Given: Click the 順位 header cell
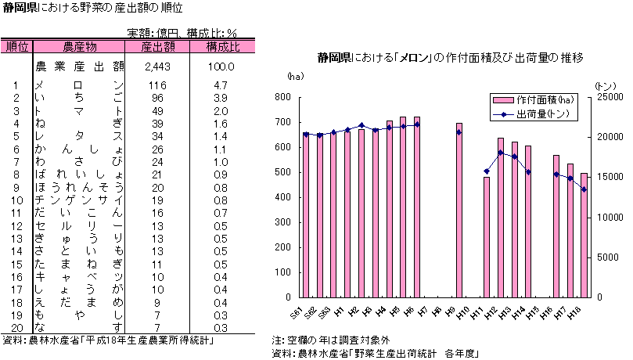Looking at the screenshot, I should [17, 47].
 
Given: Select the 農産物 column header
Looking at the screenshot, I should [80, 47].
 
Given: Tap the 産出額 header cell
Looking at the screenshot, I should [157, 47].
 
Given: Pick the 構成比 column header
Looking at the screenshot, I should [223, 47].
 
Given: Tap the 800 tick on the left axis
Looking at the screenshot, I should [282, 97].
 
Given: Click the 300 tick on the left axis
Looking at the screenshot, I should [282, 222].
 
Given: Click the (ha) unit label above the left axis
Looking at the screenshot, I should [294, 76].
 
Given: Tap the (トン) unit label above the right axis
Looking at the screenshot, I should [605, 85].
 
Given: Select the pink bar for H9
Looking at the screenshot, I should [459, 211].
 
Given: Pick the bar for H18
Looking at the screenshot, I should [584, 235].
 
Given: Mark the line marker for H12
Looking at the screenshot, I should [500, 153].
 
